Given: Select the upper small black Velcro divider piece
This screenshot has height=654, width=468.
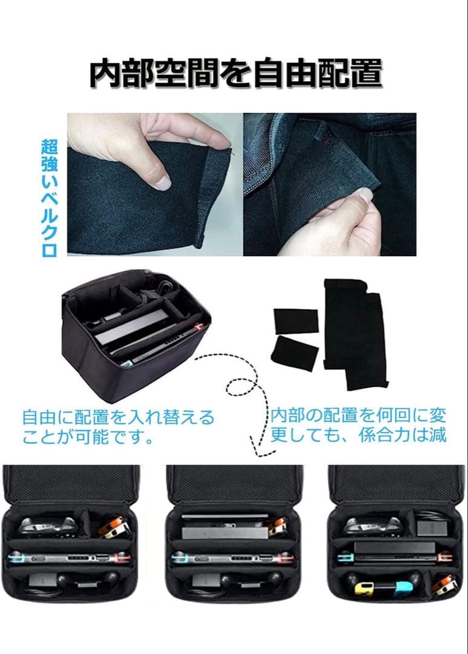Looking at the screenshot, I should [295, 320].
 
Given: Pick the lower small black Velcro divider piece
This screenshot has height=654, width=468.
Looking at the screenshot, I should [294, 352].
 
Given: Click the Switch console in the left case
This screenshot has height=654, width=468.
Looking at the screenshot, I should [70, 557].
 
